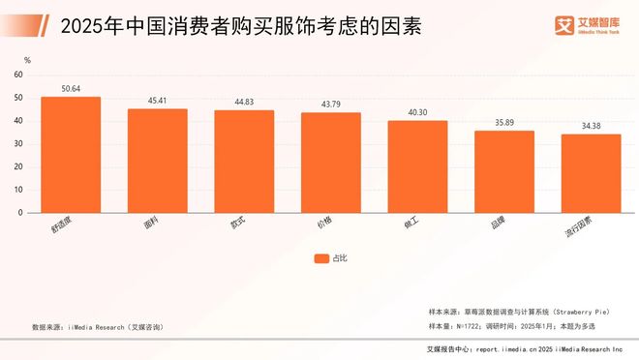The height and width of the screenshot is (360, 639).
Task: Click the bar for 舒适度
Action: pos(70,155)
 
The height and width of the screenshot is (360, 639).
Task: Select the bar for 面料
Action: pos(157,161)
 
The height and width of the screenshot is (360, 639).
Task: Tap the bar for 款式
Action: pos(244,162)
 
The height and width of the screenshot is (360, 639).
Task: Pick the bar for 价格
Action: pos(330,163)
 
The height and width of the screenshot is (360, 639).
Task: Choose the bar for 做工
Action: pos(417,166)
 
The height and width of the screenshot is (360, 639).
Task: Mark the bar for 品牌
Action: pos(503,171)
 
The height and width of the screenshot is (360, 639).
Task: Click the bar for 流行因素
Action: pos(591,173)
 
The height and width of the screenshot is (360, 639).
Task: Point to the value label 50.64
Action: pos(70,89)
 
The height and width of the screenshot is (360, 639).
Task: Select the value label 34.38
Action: pos(591,126)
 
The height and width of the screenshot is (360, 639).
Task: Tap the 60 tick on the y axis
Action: pos(19,75)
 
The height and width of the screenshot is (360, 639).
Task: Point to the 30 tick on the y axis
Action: pos(19,143)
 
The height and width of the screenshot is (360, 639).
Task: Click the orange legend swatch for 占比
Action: pos(321,258)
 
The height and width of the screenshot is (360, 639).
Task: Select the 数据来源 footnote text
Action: pos(97,327)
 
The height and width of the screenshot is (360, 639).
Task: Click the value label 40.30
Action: pos(417,112)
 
